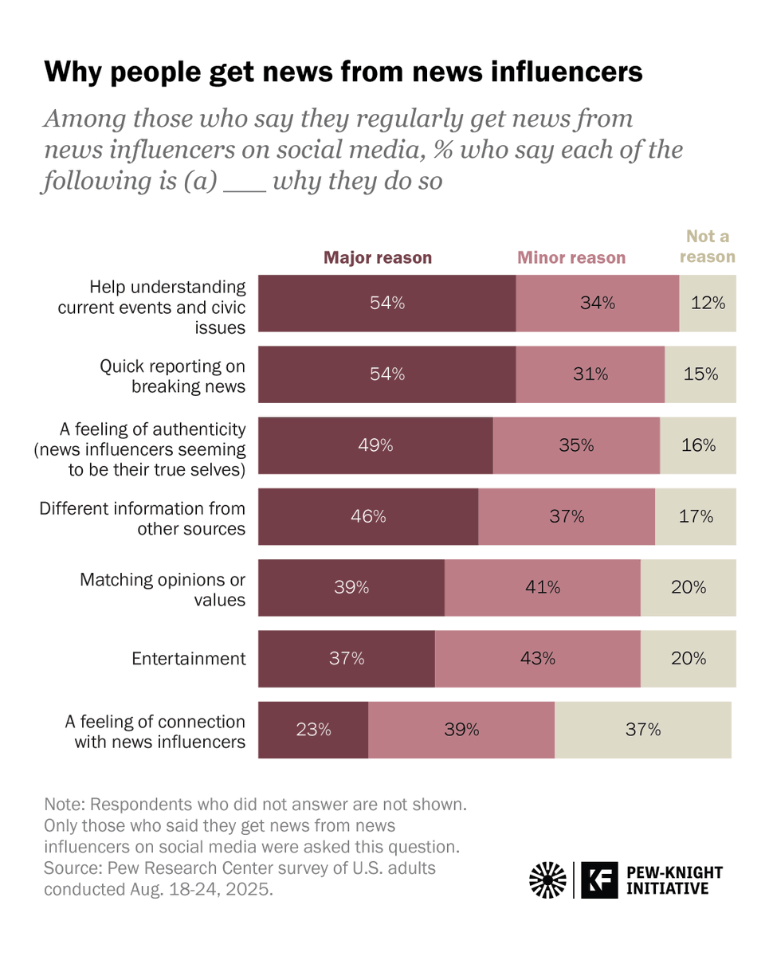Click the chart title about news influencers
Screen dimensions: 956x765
[x=343, y=72]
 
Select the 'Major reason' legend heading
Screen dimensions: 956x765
[x=377, y=257]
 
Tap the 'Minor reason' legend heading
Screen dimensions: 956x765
[x=571, y=257]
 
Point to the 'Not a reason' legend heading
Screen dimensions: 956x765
[x=708, y=247]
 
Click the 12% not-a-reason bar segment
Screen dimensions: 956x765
[x=708, y=304]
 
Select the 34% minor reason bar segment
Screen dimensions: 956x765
[x=597, y=304]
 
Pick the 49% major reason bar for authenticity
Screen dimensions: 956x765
[x=375, y=445]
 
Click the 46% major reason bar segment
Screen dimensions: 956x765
[x=368, y=516]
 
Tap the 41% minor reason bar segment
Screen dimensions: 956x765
[x=542, y=588]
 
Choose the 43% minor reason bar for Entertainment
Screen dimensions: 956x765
[x=537, y=659]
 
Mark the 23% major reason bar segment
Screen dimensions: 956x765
[x=313, y=730]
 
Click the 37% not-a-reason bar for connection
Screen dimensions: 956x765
[x=642, y=730]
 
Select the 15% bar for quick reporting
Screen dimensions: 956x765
[x=700, y=374]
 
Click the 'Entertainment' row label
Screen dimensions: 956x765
[x=189, y=659]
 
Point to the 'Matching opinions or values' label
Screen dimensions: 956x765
[x=163, y=589]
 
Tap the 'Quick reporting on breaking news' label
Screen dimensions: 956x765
[x=172, y=375]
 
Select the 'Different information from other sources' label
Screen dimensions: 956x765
[x=143, y=518]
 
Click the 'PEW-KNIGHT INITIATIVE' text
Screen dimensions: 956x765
[x=674, y=880]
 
